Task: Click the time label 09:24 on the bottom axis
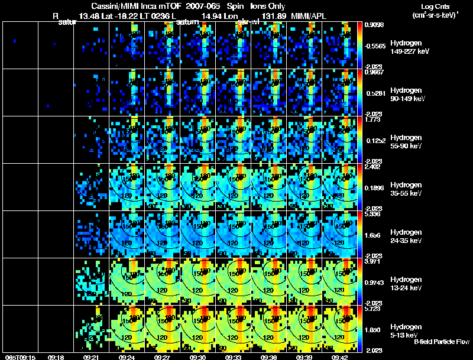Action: pos(128,357)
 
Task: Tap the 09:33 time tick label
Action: pos(234,357)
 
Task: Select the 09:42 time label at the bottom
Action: pos(340,357)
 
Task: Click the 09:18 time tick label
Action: pos(56,357)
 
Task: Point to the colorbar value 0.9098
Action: pos(374,25)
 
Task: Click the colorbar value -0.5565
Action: pos(375,45)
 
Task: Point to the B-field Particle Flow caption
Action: pos(442,342)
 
